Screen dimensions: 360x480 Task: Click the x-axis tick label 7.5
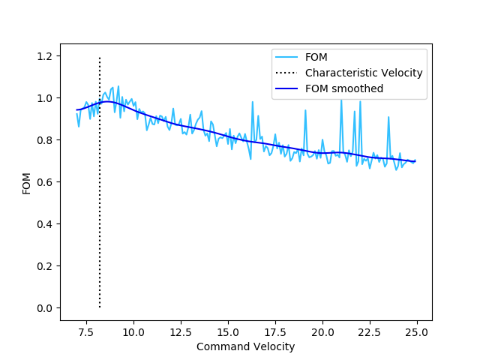[86, 332]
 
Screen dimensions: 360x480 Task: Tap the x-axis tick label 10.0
[133, 332]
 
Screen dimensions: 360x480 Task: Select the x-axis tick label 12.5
[181, 332]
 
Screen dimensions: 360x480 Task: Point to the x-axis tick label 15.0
[228, 332]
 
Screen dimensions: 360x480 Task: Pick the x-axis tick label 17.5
[275, 332]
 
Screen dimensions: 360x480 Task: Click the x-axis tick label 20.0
[322, 332]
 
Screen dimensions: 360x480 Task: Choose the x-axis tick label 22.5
[370, 332]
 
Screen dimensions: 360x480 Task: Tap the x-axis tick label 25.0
[417, 332]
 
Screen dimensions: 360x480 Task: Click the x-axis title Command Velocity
[245, 346]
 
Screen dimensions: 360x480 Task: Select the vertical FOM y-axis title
[26, 182]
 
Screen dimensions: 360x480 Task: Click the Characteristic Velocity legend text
[364, 73]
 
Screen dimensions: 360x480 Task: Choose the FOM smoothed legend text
[344, 88]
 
